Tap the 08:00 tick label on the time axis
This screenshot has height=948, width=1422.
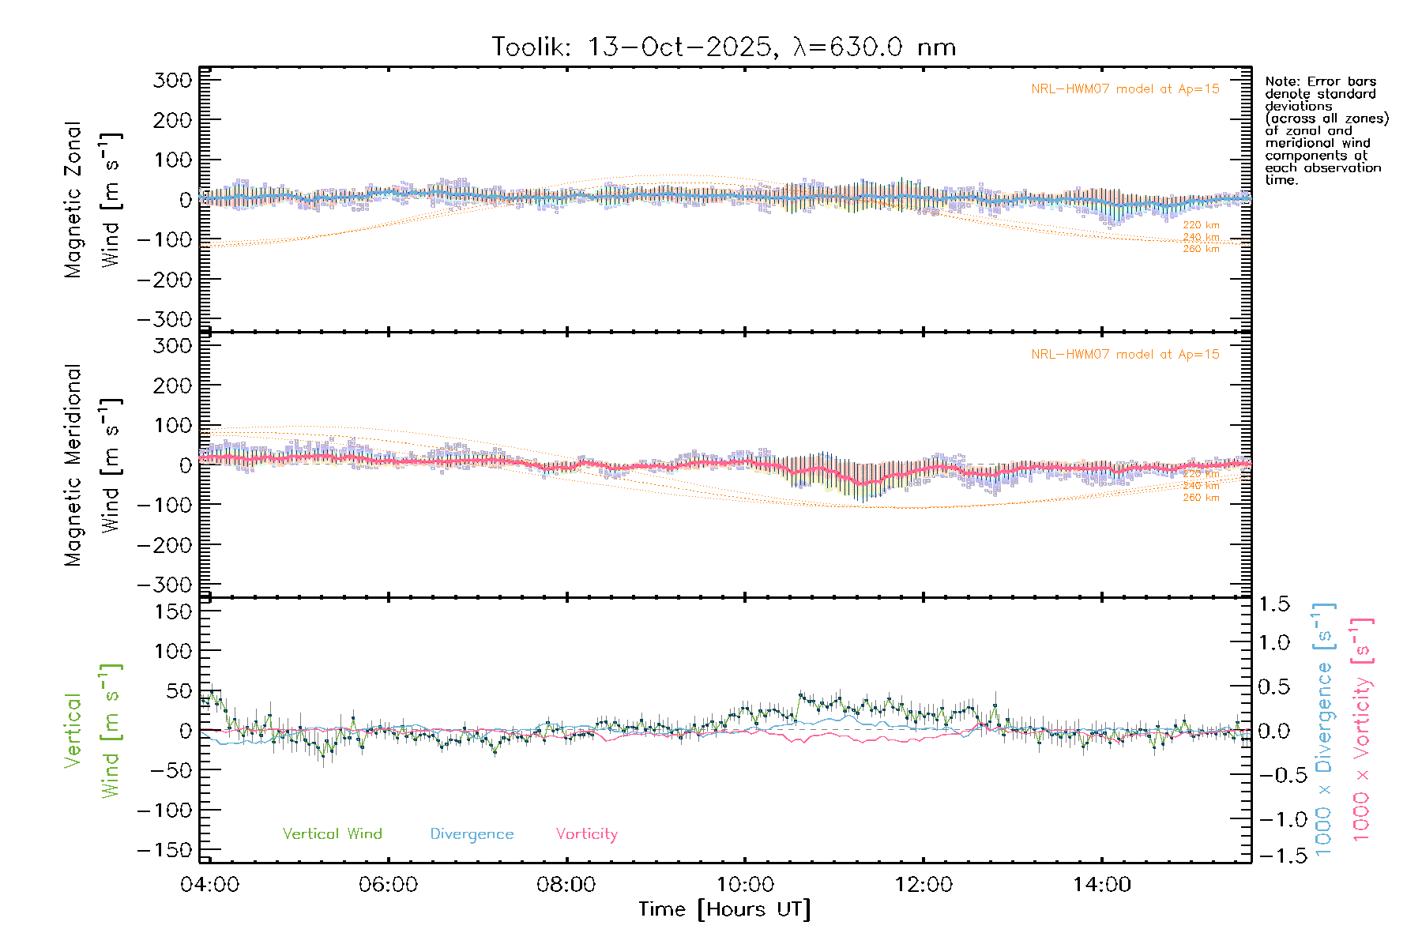(x=566, y=884)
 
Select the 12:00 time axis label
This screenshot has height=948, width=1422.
(x=923, y=884)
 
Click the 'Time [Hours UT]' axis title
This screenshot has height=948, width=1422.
(x=724, y=909)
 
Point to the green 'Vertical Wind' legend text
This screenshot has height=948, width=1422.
(x=332, y=833)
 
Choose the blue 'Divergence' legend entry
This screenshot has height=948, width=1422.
(x=472, y=833)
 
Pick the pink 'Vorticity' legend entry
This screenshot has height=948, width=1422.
(x=586, y=833)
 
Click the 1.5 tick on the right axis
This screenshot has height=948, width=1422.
(x=1273, y=604)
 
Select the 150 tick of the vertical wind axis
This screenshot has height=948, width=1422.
(x=173, y=611)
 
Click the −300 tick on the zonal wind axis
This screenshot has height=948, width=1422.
(x=165, y=319)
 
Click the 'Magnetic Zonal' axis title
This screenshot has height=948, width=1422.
(x=73, y=200)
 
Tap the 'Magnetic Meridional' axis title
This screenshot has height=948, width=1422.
(x=73, y=465)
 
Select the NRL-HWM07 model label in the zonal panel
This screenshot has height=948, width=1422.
(x=1125, y=89)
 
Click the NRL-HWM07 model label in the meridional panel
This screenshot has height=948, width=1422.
(x=1125, y=355)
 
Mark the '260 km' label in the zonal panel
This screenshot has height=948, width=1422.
(x=1201, y=249)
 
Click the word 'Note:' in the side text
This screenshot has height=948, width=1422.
(x=1281, y=81)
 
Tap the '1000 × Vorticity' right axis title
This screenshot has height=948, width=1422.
(x=1361, y=731)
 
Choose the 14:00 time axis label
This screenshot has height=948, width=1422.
(x=1101, y=884)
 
